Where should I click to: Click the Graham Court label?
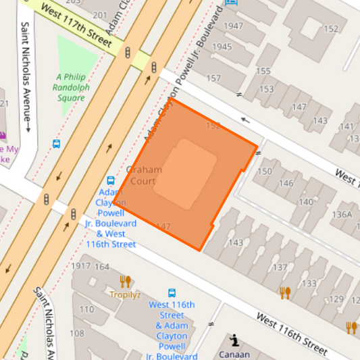[144, 176]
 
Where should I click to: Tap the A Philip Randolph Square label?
[71, 87]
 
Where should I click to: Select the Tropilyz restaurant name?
[126, 294]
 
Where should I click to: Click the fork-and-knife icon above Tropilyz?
[125, 281]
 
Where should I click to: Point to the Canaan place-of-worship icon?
[234, 340]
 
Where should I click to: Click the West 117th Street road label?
[76, 25]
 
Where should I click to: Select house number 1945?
[222, 47]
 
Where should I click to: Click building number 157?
[213, 78]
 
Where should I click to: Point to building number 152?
[331, 28]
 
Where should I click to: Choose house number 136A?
[342, 215]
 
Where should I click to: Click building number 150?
[265, 172]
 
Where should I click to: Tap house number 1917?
[80, 266]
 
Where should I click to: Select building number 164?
[101, 266]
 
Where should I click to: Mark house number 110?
[87, 309]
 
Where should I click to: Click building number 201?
[100, 15]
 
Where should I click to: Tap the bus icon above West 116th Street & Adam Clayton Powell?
[172, 293]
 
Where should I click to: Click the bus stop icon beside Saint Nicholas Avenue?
[57, 144]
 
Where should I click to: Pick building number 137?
[279, 267]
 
